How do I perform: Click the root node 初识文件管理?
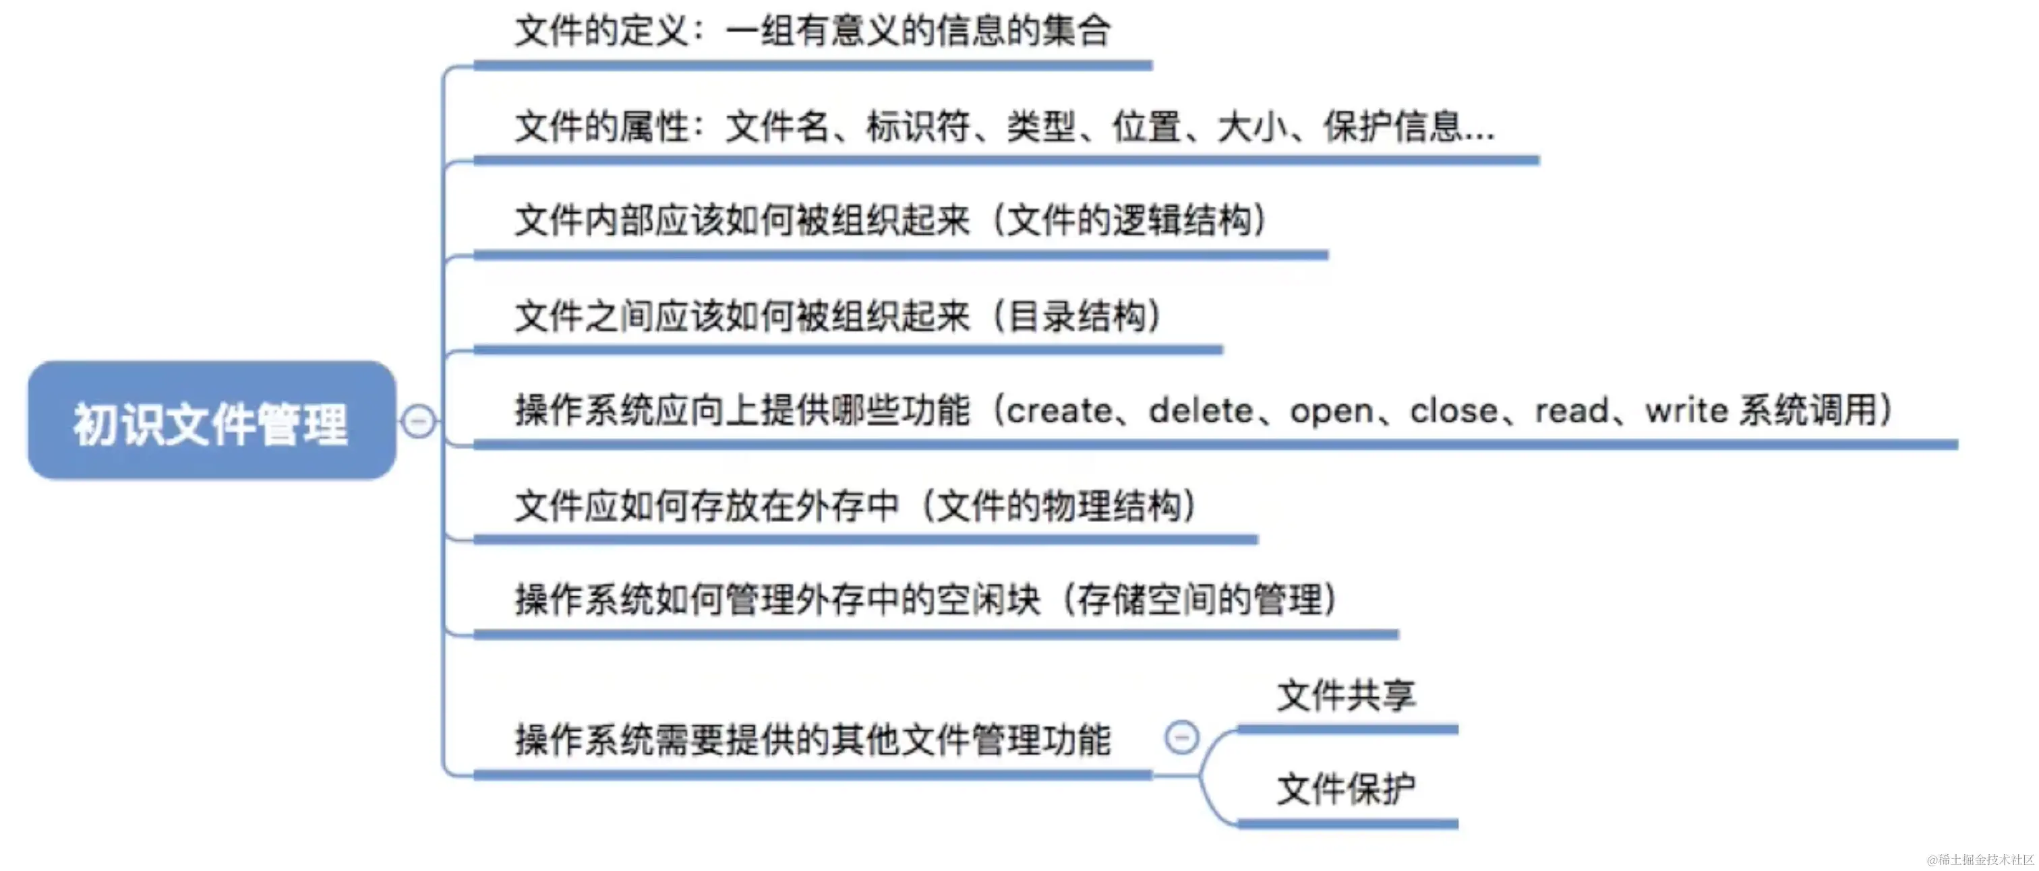point(211,422)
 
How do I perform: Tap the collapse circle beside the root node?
point(418,420)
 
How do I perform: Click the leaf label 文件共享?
point(1347,695)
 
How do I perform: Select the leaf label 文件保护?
point(1347,789)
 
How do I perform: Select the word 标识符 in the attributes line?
point(918,127)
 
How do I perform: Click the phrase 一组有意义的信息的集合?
point(918,32)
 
